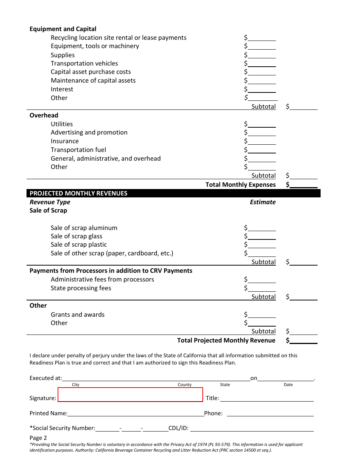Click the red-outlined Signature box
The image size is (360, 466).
[x=130, y=394]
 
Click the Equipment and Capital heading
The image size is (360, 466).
[x=63, y=29]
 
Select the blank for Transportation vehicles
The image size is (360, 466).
[x=262, y=64]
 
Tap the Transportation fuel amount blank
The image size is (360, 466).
[x=262, y=150]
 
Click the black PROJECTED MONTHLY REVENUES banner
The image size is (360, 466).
[x=174, y=193]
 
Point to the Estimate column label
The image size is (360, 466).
[x=263, y=202]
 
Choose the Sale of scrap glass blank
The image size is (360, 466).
[x=262, y=237]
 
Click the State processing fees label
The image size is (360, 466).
[x=81, y=288]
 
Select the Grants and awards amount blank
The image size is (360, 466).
[x=262, y=315]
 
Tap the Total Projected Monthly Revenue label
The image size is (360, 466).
[x=226, y=340]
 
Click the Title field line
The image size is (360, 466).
[x=267, y=399]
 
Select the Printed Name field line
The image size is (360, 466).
[x=136, y=414]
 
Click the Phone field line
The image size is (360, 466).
[x=270, y=414]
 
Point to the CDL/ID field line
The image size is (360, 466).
[x=251, y=428]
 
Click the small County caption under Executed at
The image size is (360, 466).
[x=185, y=385]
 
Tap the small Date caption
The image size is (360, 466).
[x=288, y=385]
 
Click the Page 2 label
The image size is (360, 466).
[x=38, y=438]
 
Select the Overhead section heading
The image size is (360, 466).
[x=44, y=115]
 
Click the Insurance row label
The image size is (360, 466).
[x=65, y=141]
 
